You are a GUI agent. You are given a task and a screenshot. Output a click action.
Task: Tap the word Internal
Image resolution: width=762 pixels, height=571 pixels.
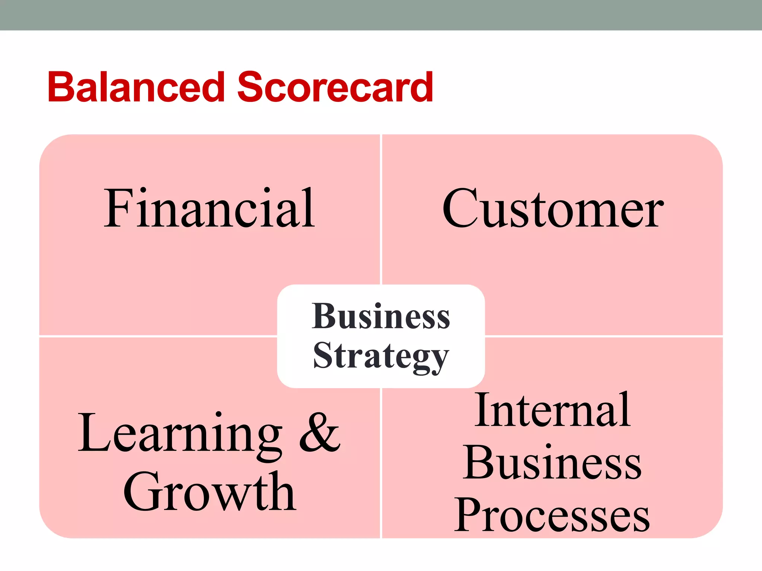pos(553,410)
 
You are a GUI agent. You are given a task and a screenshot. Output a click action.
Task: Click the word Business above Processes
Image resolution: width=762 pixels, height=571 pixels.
pos(553,462)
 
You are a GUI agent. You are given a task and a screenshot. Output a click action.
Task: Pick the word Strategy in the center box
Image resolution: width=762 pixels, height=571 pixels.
pos(381,356)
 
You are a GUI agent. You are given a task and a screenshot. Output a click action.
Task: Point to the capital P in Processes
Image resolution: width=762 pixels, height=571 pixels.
pos(470,515)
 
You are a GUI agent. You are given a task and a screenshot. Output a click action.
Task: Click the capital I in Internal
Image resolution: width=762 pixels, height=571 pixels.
pos(483,410)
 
